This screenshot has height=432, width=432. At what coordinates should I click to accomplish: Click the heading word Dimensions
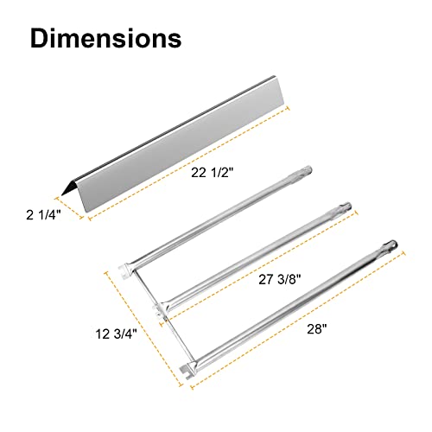click(105, 38)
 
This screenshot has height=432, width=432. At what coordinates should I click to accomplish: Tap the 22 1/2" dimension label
click(212, 173)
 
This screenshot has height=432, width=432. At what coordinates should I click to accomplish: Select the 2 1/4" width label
click(43, 215)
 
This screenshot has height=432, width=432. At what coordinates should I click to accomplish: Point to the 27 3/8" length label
click(280, 279)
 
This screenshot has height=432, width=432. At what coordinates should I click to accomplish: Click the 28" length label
click(317, 329)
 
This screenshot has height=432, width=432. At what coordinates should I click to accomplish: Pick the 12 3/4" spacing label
click(116, 334)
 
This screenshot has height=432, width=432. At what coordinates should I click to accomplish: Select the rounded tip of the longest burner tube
click(391, 245)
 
